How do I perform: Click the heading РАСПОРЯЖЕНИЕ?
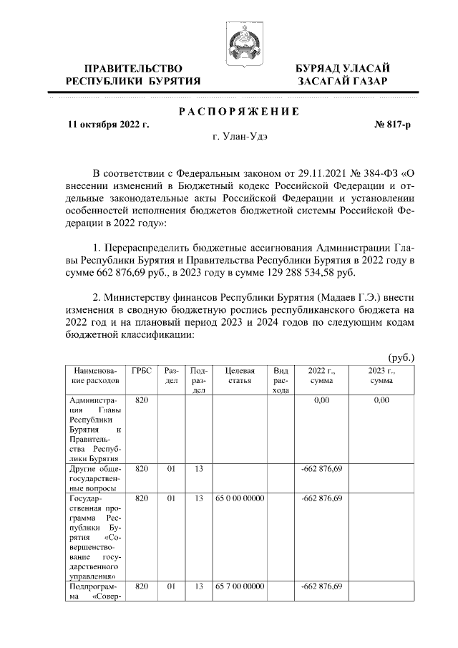point(238,111)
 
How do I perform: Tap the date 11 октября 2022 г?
point(108,124)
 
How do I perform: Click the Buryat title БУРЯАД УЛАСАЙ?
point(343,68)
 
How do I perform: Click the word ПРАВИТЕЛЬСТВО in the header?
point(133,68)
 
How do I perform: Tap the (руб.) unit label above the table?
point(401,356)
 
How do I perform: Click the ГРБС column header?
point(141,372)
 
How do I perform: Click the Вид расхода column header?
point(281,381)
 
